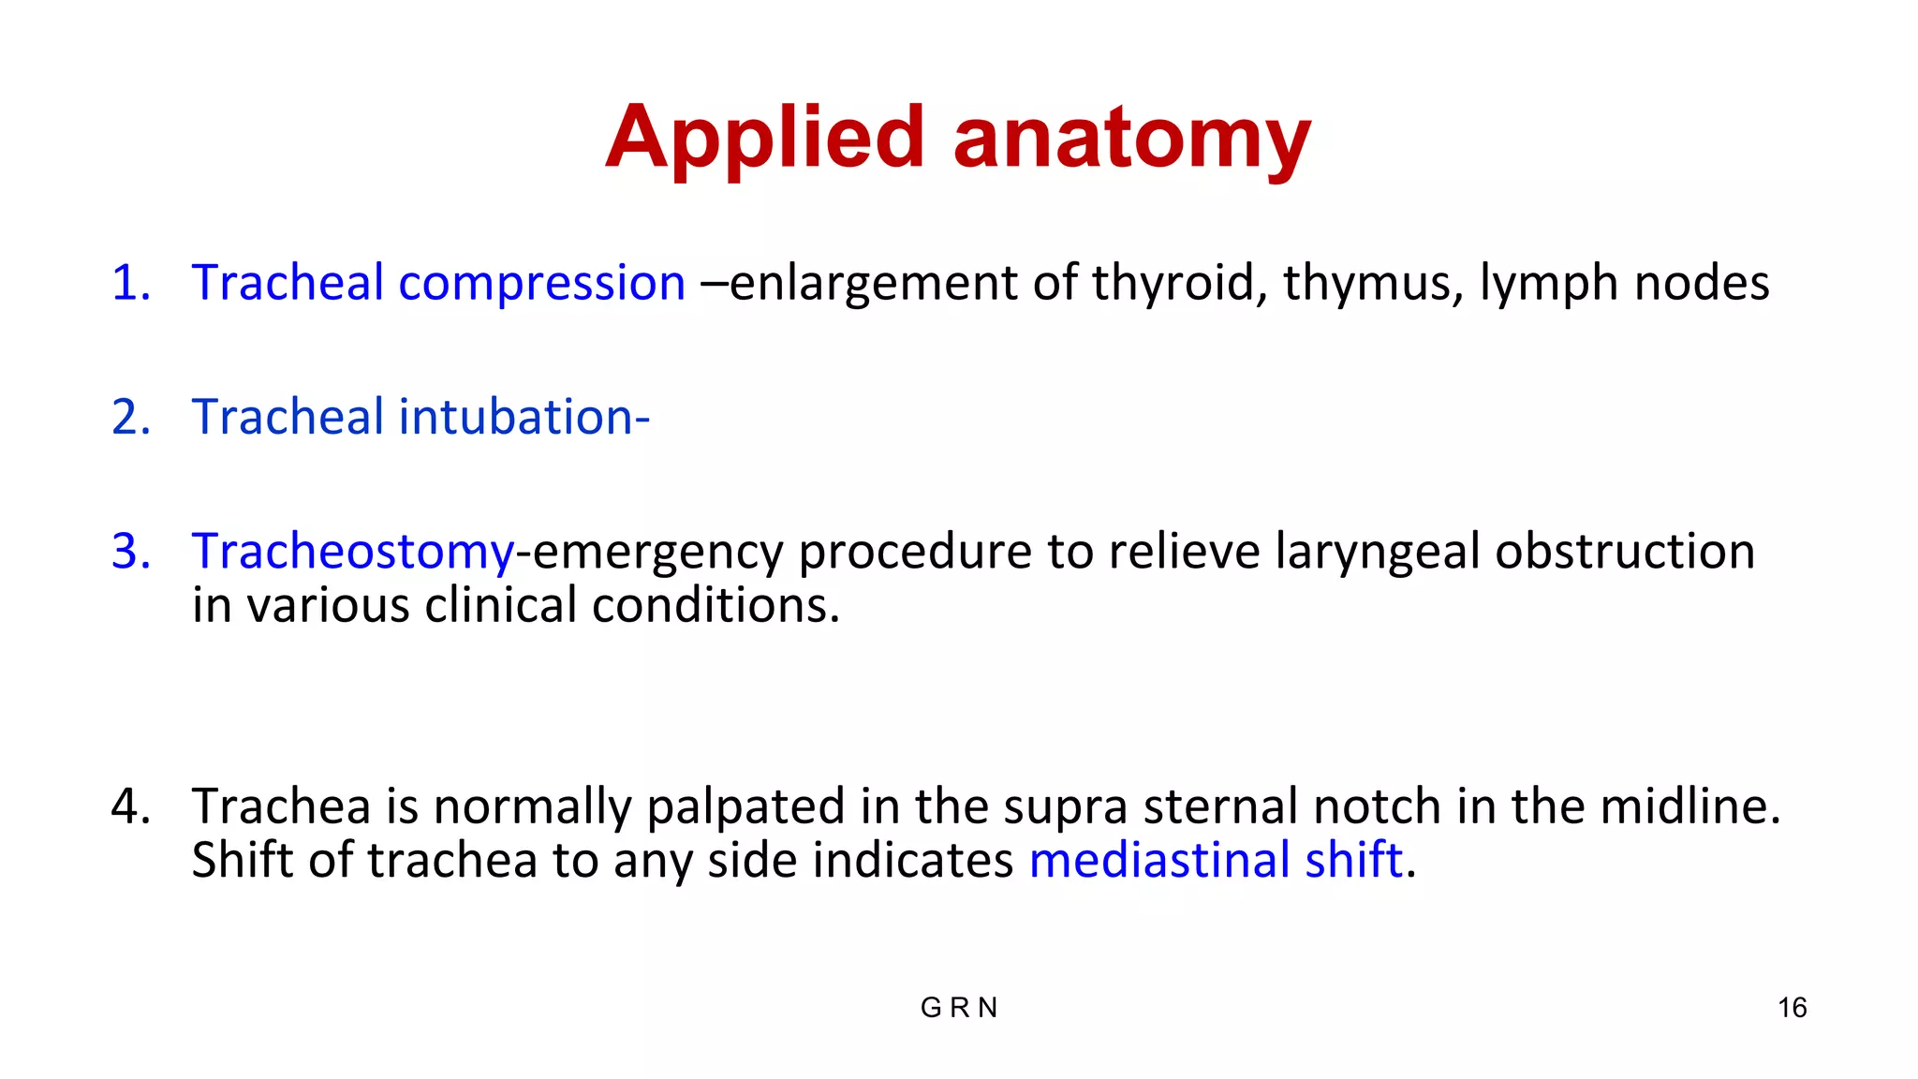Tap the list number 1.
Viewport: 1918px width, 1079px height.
pos(130,283)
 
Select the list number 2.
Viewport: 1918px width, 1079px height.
pos(130,417)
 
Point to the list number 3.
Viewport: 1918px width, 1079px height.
pos(130,551)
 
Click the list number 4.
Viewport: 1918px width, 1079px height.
pos(130,806)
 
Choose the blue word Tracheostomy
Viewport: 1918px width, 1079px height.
pos(353,553)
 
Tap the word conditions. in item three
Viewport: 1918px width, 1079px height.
pos(716,606)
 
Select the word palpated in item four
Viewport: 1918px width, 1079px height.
pos(745,808)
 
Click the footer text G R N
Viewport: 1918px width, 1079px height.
pos(959,1008)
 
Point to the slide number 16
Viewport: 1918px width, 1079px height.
pos(1792,1008)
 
